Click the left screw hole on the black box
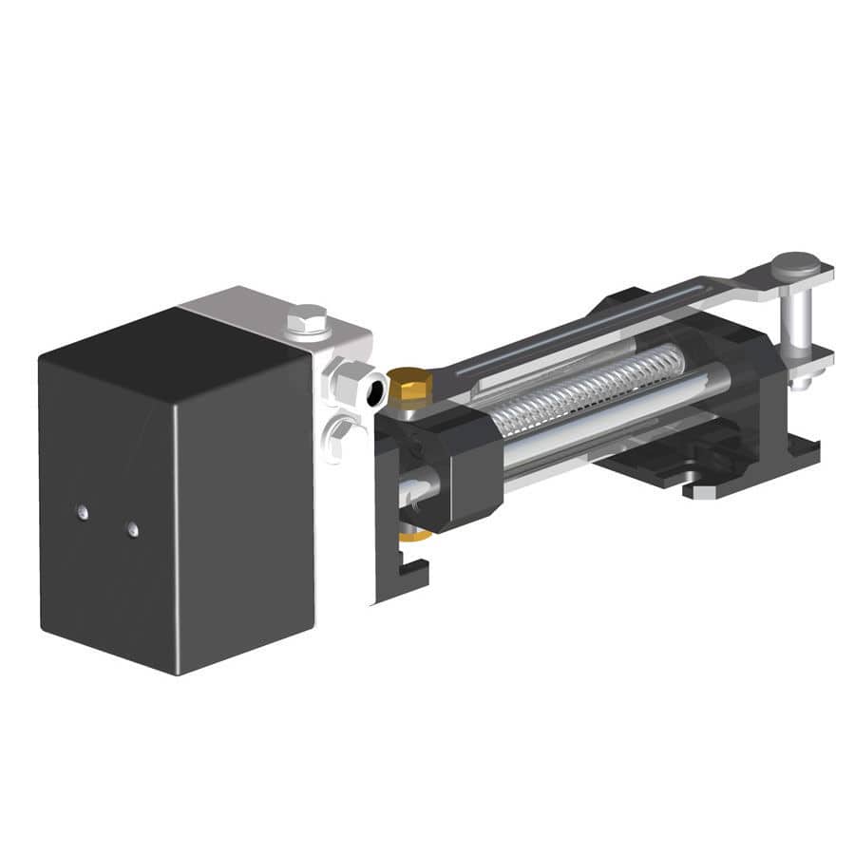point(83,512)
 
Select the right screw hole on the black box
point(132,529)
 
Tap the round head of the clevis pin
point(795,263)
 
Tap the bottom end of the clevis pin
point(800,382)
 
